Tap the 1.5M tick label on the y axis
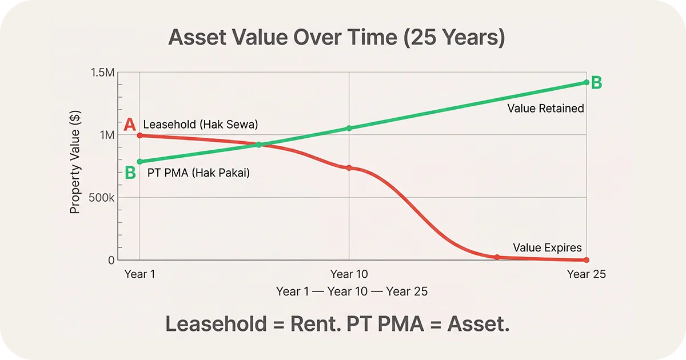pos(103,73)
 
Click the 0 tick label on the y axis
pos(111,260)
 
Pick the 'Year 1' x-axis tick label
pos(139,274)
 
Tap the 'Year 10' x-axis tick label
pos(349,274)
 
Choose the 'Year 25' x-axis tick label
pos(586,274)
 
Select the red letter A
pos(130,125)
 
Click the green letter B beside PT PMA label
pos(130,172)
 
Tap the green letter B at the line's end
pos(596,83)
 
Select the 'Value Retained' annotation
pos(545,108)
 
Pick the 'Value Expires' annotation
pos(547,247)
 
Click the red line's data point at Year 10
pos(349,167)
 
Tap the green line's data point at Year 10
pos(349,128)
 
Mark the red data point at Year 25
pos(587,260)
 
